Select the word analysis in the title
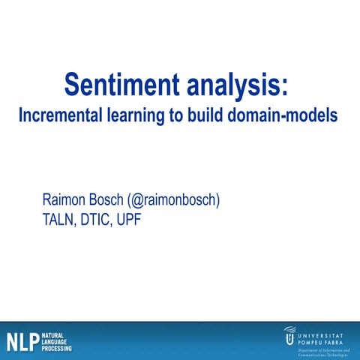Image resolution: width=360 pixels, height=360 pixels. (x=229, y=84)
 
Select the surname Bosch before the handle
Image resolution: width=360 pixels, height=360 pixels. (x=115, y=201)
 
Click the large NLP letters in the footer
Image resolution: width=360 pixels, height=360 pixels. (x=22, y=341)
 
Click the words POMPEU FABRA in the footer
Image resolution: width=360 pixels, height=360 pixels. (x=323, y=337)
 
